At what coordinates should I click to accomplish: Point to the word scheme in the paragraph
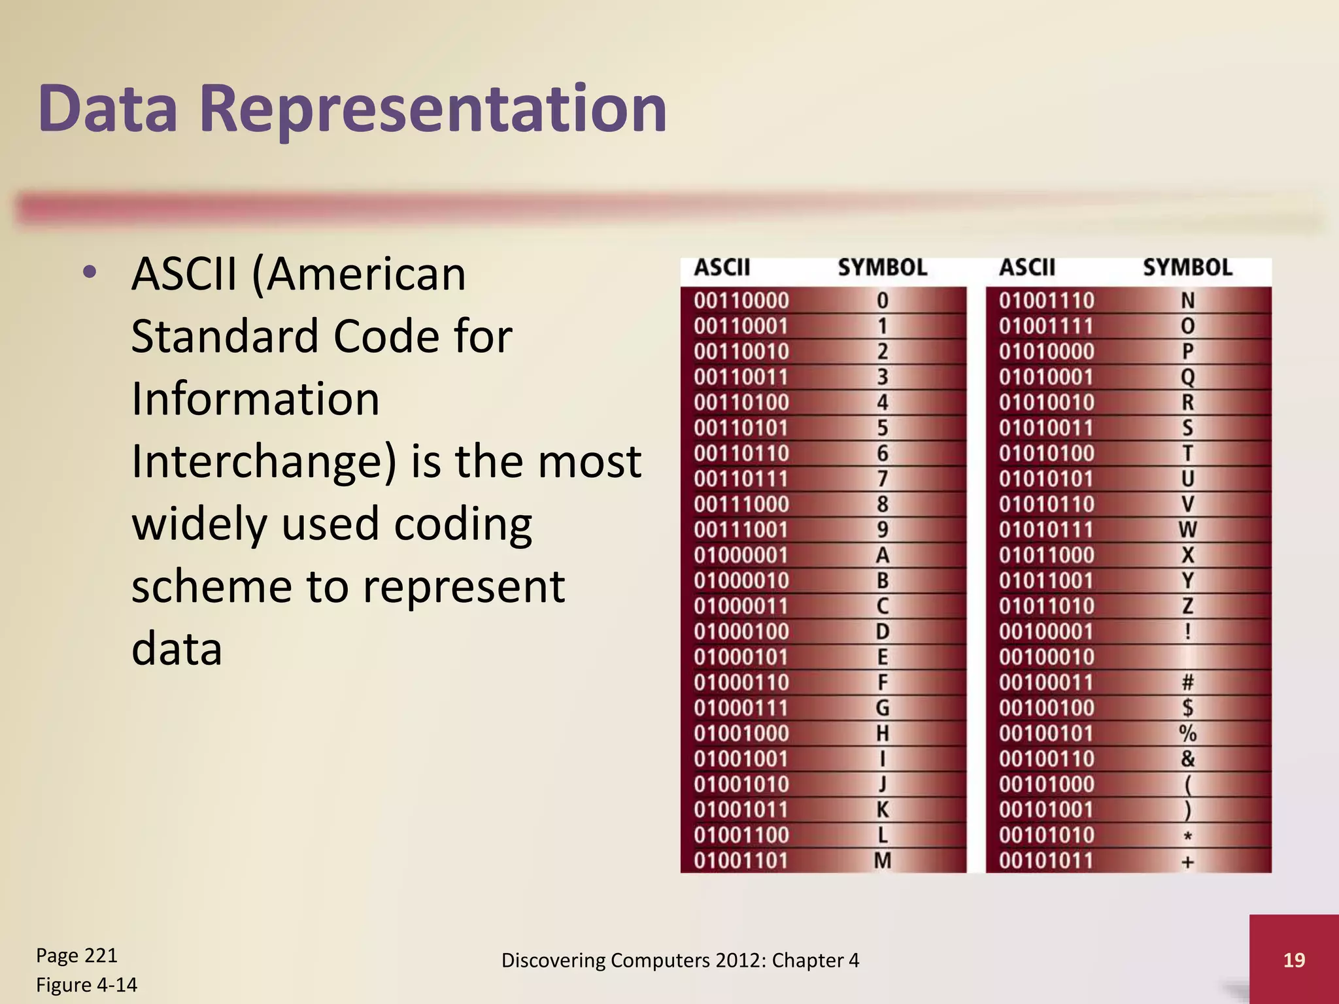[211, 586]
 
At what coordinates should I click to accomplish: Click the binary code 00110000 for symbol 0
[741, 301]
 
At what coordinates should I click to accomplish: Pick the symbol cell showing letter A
[882, 556]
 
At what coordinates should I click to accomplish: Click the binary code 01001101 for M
[741, 861]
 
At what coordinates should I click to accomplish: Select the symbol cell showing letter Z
[1187, 607]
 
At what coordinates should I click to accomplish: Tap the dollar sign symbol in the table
[1187, 708]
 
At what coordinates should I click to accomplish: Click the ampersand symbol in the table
[1187, 759]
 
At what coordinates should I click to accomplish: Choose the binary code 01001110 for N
[1046, 301]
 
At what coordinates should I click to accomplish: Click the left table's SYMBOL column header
[882, 268]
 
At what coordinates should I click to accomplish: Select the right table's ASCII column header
[1026, 268]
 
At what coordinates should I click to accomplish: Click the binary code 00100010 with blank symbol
[1046, 657]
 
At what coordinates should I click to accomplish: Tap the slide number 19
[1294, 960]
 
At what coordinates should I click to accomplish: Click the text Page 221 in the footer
[76, 956]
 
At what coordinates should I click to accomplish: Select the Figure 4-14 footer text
[86, 985]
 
